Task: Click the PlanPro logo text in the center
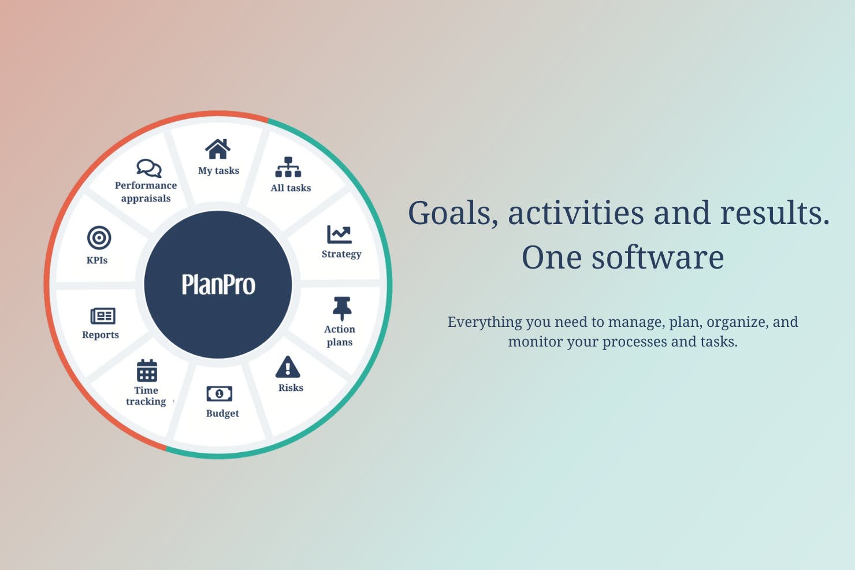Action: tap(218, 285)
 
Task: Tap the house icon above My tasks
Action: tap(218, 149)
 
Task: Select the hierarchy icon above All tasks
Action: tap(288, 167)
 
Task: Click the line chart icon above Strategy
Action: tap(339, 234)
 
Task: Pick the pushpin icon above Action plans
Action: tap(341, 308)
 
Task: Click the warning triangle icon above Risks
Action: tap(288, 367)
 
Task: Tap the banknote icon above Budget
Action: tap(220, 394)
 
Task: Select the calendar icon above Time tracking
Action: tap(147, 371)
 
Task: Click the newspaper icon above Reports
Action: tap(103, 316)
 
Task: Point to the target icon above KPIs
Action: tap(99, 238)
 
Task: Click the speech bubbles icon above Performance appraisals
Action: tap(148, 168)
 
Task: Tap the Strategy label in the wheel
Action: tap(341, 254)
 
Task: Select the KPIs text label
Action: tap(97, 260)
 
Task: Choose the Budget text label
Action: tap(222, 413)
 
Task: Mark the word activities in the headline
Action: tap(575, 213)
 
